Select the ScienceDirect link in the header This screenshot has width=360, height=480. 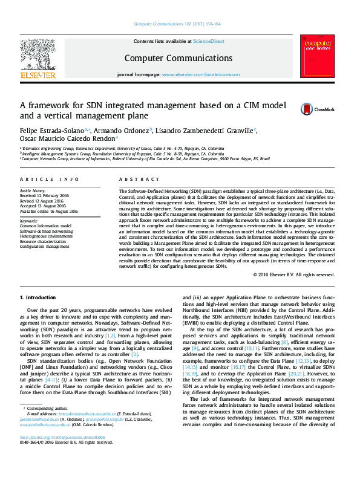(208, 41)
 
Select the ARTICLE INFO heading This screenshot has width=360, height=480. (49, 180)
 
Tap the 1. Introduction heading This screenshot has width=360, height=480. (39, 298)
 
